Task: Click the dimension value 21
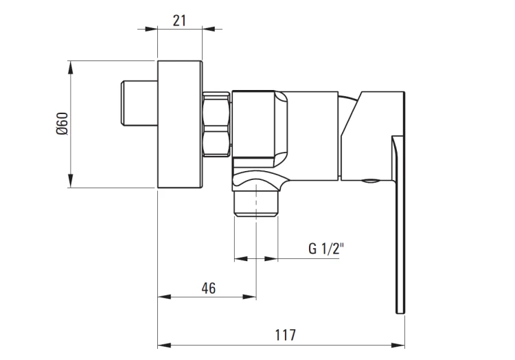[x=179, y=21]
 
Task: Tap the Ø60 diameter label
[x=62, y=124]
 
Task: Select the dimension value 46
[x=209, y=288]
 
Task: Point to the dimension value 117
[x=285, y=335]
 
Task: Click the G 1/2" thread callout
[x=325, y=249]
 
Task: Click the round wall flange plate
[x=180, y=124]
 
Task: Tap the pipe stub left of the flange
[x=139, y=103]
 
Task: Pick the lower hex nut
[x=216, y=144]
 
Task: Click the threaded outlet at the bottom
[x=256, y=203]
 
